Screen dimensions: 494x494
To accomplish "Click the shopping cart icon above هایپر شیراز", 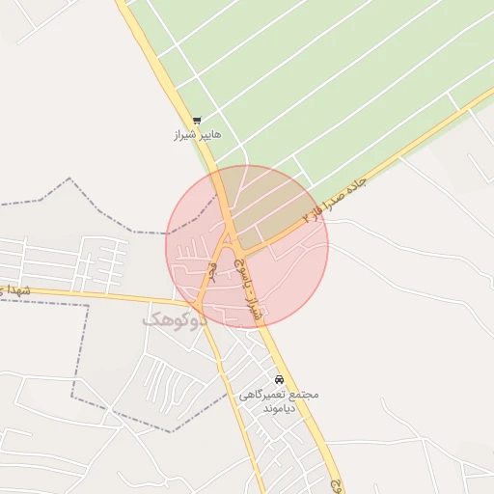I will [197, 121].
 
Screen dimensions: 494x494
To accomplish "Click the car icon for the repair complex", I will [280, 379].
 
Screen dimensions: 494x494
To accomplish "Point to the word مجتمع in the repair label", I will [305, 395].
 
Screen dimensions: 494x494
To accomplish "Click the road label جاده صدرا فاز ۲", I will [336, 199].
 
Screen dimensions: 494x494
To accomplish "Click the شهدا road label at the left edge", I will [16, 289].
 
